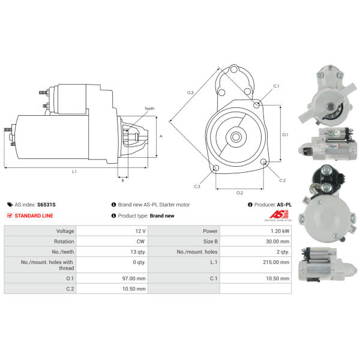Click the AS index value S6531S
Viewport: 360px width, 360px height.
point(46,205)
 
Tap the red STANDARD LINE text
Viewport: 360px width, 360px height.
point(34,216)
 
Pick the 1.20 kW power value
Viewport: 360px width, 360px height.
point(280,231)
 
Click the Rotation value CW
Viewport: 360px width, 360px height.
point(140,242)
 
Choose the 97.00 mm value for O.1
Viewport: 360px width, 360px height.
point(134,278)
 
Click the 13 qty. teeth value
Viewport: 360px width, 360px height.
point(138,252)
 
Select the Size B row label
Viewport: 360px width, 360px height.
point(211,242)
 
